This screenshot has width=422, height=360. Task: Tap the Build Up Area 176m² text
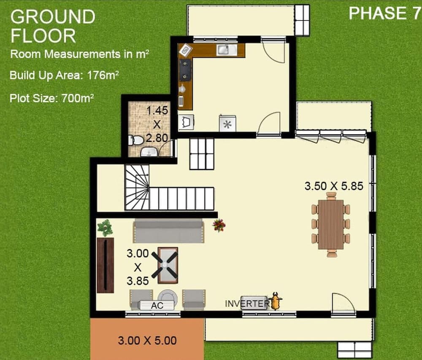pyautogui.click(x=64, y=75)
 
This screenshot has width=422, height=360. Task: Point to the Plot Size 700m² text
pyautogui.click(x=51, y=98)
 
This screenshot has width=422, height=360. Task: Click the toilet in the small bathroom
pyautogui.click(x=136, y=140)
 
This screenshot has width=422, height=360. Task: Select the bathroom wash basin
pyautogui.click(x=149, y=152)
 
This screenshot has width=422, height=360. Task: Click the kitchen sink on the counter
pyautogui.click(x=227, y=50)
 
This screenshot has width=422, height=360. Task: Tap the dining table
pyautogui.click(x=331, y=225)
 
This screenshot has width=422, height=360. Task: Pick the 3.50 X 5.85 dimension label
pyautogui.click(x=334, y=186)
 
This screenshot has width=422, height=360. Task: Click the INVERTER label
pyautogui.click(x=246, y=304)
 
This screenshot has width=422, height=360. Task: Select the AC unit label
pyautogui.click(x=157, y=306)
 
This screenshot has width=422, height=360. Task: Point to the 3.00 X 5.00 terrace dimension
pyautogui.click(x=147, y=341)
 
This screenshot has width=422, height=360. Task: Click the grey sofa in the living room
pyautogui.click(x=168, y=231)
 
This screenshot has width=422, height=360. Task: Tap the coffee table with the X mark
pyautogui.click(x=168, y=265)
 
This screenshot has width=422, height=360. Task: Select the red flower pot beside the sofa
pyautogui.click(x=219, y=225)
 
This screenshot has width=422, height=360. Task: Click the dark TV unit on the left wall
pyautogui.click(x=105, y=265)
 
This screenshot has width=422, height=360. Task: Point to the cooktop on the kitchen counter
pyautogui.click(x=185, y=70)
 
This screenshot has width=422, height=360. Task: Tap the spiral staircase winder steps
pyautogui.click(x=137, y=188)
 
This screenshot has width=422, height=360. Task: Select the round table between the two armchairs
pyautogui.click(x=168, y=297)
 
